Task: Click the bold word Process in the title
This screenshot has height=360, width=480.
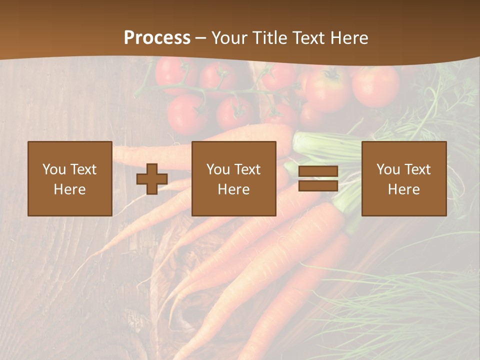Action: (157, 38)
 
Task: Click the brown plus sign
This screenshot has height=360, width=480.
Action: (152, 179)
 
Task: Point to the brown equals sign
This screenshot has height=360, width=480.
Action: (318, 179)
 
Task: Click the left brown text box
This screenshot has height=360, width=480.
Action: (70, 178)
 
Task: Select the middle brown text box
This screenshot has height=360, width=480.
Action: (234, 178)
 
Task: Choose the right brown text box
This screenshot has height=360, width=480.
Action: (404, 178)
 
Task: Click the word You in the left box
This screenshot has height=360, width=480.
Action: (54, 169)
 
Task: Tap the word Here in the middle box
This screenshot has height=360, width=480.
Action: (234, 189)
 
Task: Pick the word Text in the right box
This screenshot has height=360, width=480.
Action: (417, 169)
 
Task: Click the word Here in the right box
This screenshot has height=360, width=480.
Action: (404, 189)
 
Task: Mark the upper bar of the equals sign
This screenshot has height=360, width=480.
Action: (318, 172)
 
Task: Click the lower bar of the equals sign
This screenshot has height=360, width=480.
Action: (318, 186)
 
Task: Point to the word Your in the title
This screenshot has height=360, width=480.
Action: (229, 38)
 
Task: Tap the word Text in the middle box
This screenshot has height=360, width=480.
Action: (247, 169)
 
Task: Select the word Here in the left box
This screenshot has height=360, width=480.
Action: (70, 189)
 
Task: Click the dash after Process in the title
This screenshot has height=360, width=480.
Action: (201, 38)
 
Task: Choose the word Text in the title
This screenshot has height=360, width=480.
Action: (308, 38)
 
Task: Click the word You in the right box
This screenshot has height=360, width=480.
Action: (388, 169)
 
